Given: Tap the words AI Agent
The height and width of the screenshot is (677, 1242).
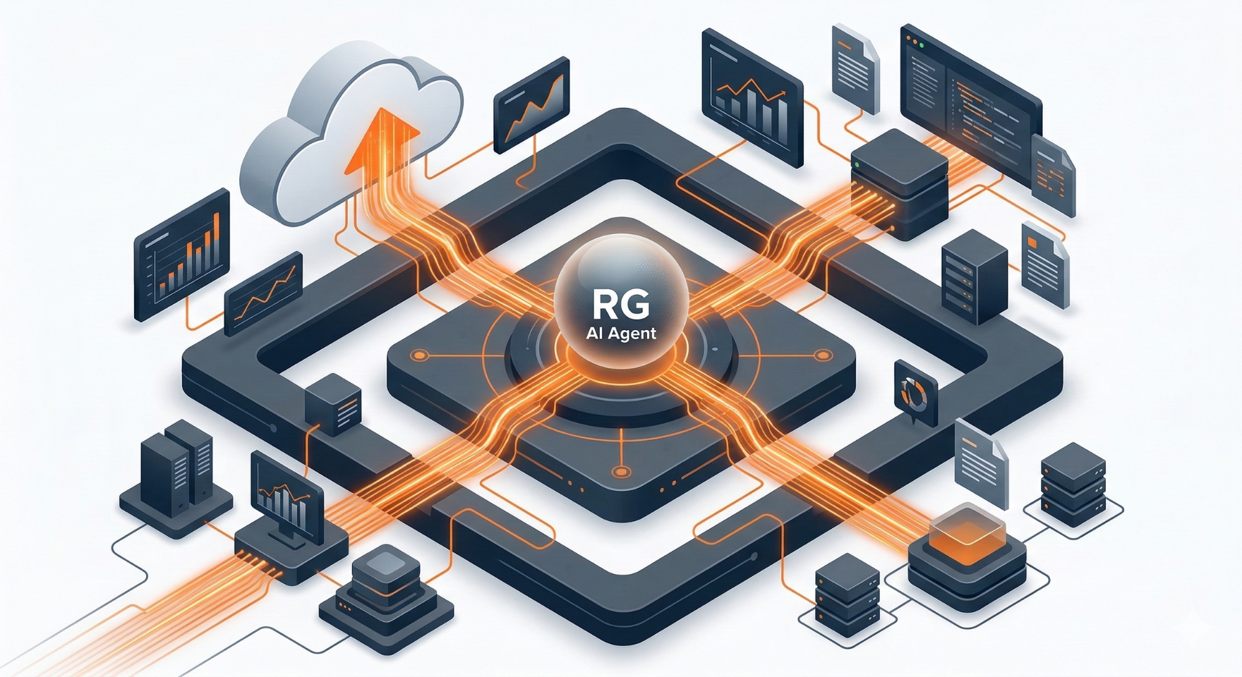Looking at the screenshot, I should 621,333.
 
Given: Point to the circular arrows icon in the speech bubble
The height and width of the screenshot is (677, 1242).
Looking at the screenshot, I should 915,392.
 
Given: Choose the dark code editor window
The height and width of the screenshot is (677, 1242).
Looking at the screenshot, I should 970,99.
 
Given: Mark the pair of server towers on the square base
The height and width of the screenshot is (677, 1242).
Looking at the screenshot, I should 176,465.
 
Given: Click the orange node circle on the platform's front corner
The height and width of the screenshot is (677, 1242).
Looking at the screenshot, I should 621,472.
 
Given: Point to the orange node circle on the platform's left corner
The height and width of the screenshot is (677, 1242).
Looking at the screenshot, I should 421,355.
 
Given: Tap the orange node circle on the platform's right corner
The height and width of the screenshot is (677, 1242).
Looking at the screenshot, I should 821,355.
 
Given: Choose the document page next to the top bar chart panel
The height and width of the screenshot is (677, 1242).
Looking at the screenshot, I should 855,66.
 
